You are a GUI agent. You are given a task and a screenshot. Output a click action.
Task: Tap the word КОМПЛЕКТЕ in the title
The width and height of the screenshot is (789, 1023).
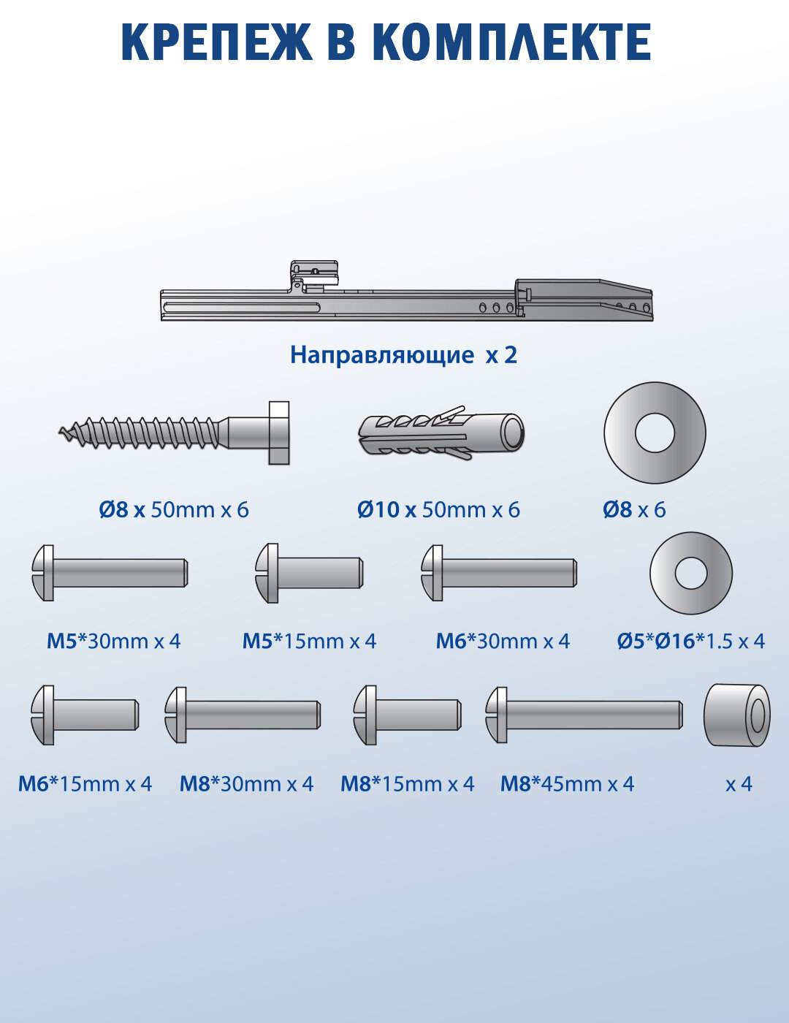[x=511, y=42]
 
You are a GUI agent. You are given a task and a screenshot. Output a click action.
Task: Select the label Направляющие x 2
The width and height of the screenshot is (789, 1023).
[x=403, y=354]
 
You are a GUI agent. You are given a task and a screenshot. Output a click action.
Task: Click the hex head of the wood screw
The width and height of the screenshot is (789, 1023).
[x=278, y=433]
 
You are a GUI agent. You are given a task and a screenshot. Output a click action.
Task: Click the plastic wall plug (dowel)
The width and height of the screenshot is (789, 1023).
[x=441, y=433]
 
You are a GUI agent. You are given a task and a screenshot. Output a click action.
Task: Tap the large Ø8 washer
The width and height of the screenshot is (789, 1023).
[x=655, y=433]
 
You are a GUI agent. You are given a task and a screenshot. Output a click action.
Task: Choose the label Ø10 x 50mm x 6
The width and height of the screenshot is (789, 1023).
[x=438, y=509]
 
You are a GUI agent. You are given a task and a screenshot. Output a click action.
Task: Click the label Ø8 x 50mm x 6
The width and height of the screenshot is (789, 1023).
[x=174, y=509]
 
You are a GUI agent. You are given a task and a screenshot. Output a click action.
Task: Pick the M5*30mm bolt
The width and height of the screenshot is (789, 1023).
[x=110, y=573]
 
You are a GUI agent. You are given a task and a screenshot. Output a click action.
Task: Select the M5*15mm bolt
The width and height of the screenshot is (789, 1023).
[x=309, y=573]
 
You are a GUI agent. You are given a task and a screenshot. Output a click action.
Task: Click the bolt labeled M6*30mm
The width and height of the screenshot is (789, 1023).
[x=499, y=573]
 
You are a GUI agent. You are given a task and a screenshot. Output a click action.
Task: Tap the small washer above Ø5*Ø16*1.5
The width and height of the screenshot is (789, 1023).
[x=690, y=573]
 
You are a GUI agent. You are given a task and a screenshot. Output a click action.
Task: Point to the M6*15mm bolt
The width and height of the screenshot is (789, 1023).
[x=85, y=715]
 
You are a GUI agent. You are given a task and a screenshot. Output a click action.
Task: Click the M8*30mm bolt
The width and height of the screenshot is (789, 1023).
[x=243, y=715]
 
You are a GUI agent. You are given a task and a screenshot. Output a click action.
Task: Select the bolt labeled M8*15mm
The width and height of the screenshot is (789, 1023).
[x=407, y=715]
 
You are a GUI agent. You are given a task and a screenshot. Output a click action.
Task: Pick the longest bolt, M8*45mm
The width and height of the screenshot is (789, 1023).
[x=584, y=715]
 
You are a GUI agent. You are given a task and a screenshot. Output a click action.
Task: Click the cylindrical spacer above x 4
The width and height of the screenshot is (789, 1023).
[x=736, y=715]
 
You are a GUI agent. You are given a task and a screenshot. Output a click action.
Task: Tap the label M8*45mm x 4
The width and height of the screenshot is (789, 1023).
[x=567, y=784]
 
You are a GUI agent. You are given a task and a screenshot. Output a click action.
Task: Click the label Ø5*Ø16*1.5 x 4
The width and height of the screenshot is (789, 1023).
[x=690, y=641]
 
